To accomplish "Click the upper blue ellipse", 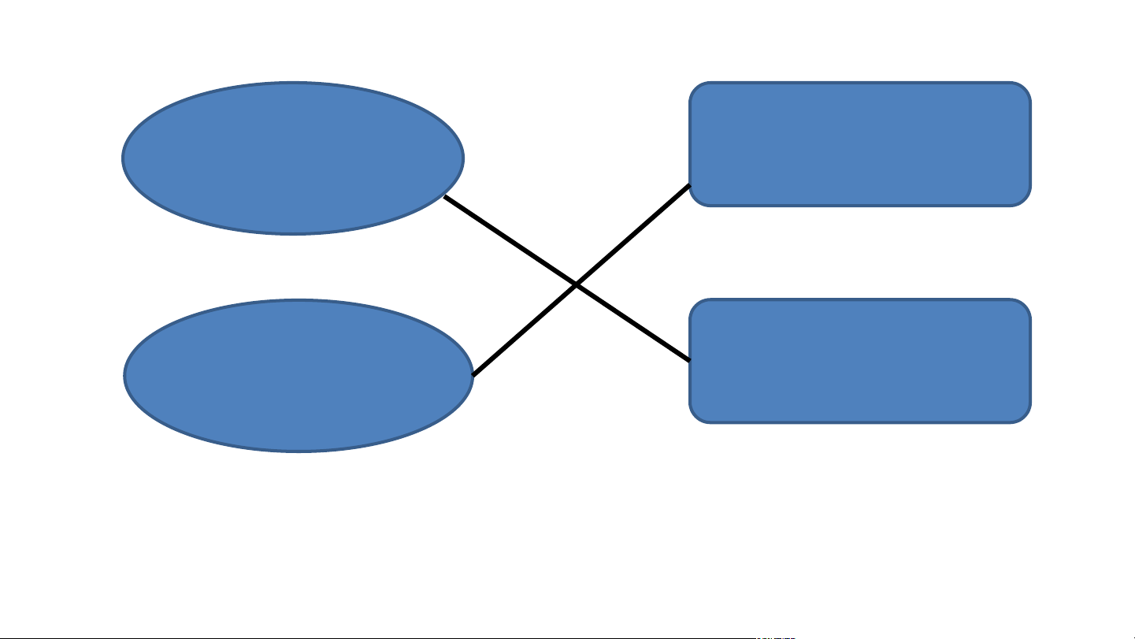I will pos(293,158).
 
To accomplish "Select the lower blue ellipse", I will pos(299,375).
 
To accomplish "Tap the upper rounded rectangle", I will pos(860,144).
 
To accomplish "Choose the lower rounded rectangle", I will pos(860,361).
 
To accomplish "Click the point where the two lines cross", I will pos(577,284).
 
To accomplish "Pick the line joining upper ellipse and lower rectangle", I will pos(512,241).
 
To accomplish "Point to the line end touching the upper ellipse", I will pos(445,197).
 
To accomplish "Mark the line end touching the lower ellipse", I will pos(473,375).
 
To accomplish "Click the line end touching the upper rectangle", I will pos(690,185).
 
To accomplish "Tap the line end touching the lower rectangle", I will pos(690,361).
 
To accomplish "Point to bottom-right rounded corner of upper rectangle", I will pos(1024,199).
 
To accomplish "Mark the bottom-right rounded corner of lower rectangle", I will pos(1024,416).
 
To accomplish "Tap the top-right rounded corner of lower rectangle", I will pos(1024,306).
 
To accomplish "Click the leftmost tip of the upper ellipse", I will pos(123,158).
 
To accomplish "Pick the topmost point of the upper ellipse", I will pos(293,82).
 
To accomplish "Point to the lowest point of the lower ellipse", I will pos(299,451).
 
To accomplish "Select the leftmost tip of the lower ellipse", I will pos(124,375).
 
